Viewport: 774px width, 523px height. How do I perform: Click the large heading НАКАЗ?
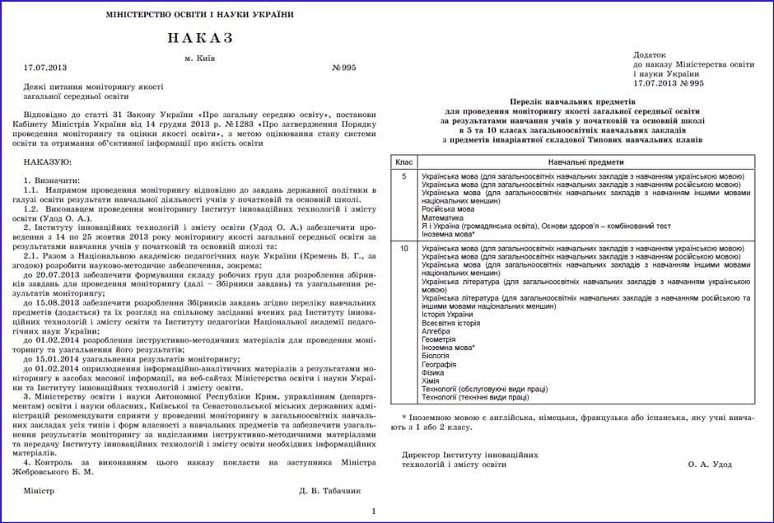click(x=200, y=38)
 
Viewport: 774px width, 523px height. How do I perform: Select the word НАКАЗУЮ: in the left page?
click(x=48, y=161)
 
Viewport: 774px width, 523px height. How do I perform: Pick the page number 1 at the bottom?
click(x=374, y=511)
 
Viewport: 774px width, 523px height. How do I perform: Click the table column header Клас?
click(x=403, y=163)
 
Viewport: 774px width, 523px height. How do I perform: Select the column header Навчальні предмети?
click(x=585, y=163)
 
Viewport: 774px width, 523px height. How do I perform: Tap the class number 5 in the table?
click(x=403, y=177)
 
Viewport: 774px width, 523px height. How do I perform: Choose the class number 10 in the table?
click(x=403, y=248)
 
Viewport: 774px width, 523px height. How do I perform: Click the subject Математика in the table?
click(x=444, y=217)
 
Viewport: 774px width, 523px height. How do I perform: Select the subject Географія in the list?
click(x=439, y=364)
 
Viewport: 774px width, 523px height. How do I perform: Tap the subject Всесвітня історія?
click(x=451, y=323)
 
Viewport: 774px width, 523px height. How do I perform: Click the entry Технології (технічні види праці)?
click(x=475, y=397)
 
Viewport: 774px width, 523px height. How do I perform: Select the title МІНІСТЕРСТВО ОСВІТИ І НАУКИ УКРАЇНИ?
click(x=200, y=15)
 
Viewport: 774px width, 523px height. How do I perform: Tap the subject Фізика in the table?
click(x=434, y=372)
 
